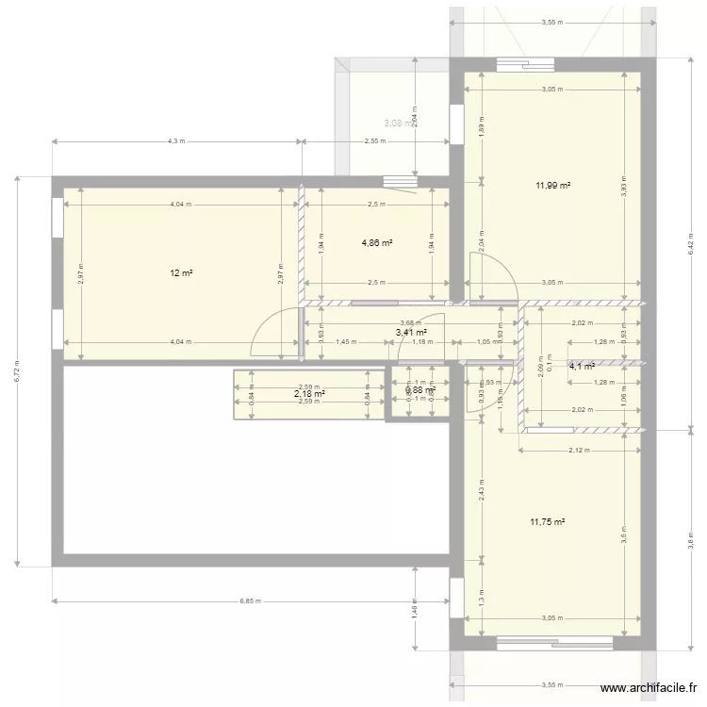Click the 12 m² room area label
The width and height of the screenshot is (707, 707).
pyautogui.click(x=181, y=273)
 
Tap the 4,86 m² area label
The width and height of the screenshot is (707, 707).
pyautogui.click(x=377, y=242)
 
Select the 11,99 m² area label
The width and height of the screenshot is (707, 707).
pyautogui.click(x=553, y=186)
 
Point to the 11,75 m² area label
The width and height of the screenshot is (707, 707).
pyautogui.click(x=547, y=521)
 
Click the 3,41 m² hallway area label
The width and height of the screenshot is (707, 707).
pyautogui.click(x=411, y=332)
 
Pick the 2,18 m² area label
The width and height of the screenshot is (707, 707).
pyautogui.click(x=309, y=394)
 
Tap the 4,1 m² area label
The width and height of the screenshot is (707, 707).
pyautogui.click(x=581, y=367)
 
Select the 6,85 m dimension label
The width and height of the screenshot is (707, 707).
pyautogui.click(x=250, y=600)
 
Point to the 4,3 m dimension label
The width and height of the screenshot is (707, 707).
pyautogui.click(x=176, y=142)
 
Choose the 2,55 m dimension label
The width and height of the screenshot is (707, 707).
pyautogui.click(x=374, y=142)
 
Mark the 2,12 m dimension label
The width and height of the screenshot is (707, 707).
pyautogui.click(x=579, y=451)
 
